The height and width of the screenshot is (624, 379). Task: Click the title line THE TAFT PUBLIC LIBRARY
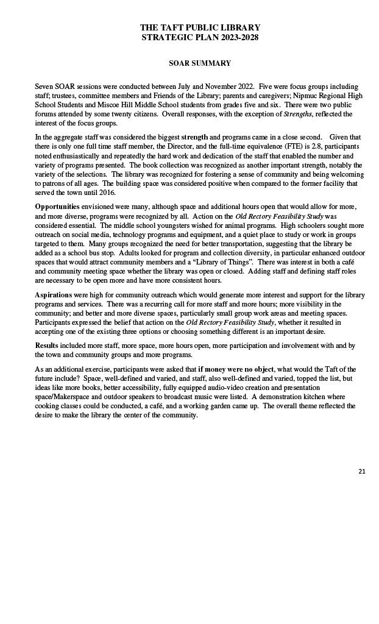[200, 27]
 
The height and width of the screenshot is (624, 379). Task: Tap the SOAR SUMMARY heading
[200, 63]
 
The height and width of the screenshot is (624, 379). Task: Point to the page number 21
[362, 470]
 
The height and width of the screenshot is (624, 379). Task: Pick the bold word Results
[46, 345]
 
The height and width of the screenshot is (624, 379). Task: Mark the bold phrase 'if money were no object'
[236, 369]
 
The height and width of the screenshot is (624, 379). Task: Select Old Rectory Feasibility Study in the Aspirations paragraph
[230, 321]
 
